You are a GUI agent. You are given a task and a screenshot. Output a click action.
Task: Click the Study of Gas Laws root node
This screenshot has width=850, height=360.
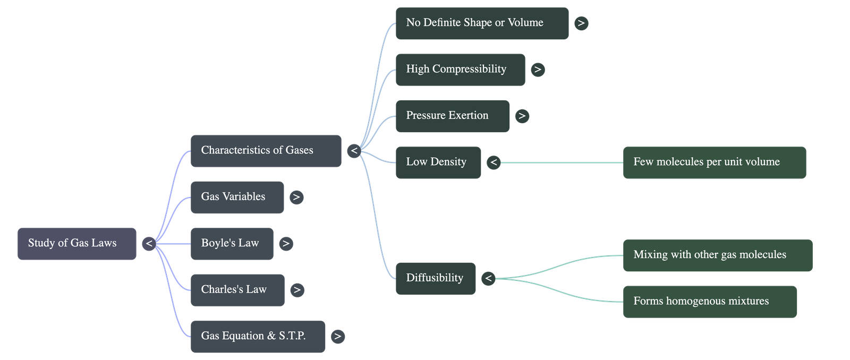(76, 244)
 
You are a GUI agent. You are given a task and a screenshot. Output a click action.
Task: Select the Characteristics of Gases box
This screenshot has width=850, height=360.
(266, 151)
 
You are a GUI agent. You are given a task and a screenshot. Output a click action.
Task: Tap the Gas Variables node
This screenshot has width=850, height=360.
(237, 197)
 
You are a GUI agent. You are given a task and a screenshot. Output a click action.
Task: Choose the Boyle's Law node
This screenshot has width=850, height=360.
(232, 244)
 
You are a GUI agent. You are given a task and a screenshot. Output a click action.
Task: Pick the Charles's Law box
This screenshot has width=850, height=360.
(237, 290)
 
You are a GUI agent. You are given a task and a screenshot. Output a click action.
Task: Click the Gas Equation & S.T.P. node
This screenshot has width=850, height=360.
(258, 336)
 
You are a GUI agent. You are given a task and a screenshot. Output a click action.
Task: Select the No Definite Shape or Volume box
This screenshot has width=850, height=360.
(481, 23)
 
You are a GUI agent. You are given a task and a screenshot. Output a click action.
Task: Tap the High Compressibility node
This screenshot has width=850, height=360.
(460, 70)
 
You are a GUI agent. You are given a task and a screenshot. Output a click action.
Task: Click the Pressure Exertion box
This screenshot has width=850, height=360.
(452, 116)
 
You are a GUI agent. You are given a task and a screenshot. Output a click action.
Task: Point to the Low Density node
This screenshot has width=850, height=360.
(438, 162)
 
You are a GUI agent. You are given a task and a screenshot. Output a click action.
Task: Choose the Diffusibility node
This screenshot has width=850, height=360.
(435, 278)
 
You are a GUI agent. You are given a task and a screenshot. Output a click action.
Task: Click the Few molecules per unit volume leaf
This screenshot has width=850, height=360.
(715, 162)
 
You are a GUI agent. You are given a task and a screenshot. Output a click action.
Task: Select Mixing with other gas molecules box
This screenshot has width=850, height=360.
(717, 255)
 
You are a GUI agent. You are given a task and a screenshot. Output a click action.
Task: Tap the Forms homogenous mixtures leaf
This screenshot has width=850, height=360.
(710, 302)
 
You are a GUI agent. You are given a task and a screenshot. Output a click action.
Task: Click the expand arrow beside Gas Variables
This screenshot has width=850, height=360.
(296, 197)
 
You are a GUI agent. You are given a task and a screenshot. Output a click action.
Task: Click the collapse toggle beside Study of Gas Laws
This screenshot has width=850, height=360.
(149, 244)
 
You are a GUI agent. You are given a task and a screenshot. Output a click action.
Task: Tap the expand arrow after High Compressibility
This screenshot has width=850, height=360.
(538, 70)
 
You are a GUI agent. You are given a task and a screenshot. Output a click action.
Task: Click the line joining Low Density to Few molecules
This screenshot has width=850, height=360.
(561, 162)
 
